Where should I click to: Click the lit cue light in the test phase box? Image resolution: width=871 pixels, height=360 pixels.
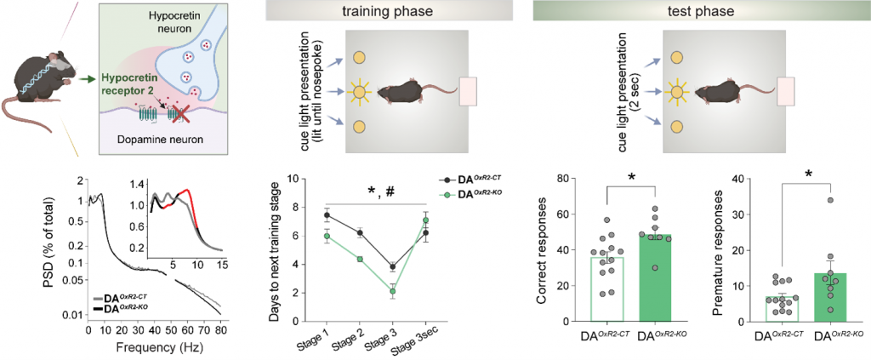point(678,90)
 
